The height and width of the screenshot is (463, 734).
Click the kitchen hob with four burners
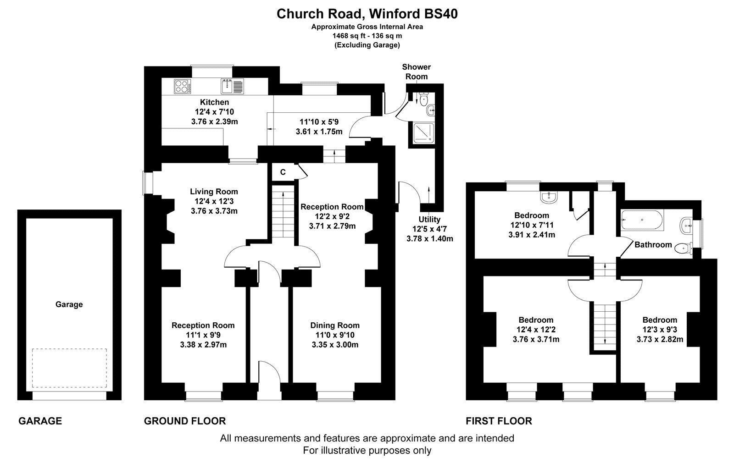click(x=183, y=87)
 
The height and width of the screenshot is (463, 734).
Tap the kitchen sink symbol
click(x=232, y=87)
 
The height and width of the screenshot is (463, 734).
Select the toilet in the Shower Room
click(x=424, y=99)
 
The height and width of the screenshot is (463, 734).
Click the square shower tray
click(x=423, y=133)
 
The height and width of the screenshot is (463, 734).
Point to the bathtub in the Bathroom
click(x=642, y=220)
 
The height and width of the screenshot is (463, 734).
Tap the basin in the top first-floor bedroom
click(x=549, y=198)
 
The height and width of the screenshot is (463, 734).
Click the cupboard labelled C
click(x=283, y=172)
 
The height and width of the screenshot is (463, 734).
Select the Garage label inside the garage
click(x=69, y=304)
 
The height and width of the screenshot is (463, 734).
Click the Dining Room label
click(x=335, y=325)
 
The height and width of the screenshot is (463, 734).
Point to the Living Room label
click(x=214, y=192)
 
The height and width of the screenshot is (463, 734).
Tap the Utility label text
click(x=429, y=220)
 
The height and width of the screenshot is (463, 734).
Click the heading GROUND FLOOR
click(x=185, y=421)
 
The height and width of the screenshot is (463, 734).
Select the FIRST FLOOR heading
click(x=499, y=421)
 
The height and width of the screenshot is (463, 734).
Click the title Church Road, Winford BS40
click(x=367, y=14)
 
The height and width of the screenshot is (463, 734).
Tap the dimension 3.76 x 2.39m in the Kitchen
click(x=215, y=121)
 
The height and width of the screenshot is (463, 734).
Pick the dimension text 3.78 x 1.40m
click(x=429, y=239)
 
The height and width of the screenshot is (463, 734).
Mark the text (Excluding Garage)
click(x=367, y=45)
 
